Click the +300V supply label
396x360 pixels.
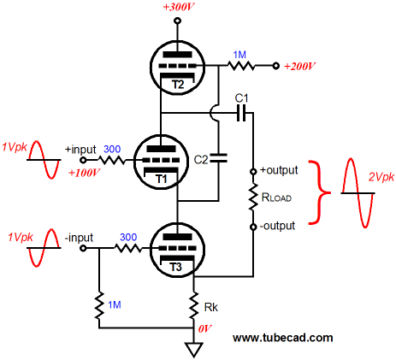point(179,8)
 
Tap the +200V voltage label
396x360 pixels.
point(299,67)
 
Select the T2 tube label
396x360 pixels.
point(178,85)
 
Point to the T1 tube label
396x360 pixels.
point(162,179)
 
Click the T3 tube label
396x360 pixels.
point(175,267)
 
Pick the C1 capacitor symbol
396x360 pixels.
point(241,113)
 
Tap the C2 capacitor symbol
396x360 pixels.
point(219,158)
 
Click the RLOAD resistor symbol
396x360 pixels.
point(253,198)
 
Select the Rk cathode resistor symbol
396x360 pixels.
point(194,305)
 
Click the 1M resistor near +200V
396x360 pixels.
point(241,66)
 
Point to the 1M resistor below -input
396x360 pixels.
point(99,305)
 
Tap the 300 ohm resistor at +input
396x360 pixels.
point(111,160)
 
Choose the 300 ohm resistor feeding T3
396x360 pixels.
point(128,248)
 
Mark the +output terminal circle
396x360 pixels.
point(253,171)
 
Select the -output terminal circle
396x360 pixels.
point(253,227)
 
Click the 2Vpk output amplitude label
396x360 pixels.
point(381,177)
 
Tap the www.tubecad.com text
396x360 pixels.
point(283,338)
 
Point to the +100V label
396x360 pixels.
point(84,173)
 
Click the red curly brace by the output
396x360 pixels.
point(319,192)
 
